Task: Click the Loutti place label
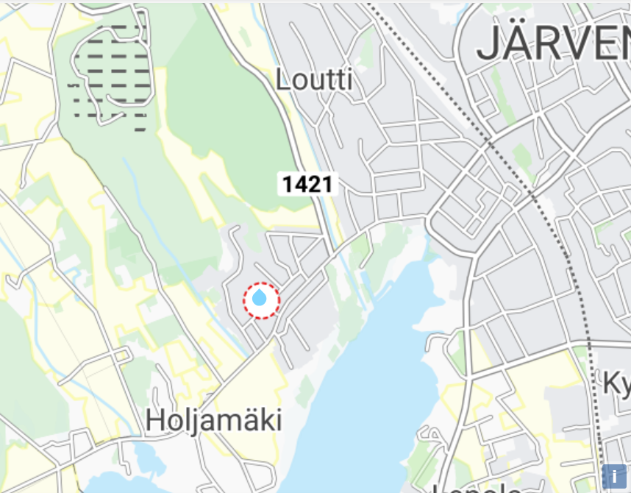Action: pyautogui.click(x=314, y=79)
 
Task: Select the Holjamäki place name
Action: pyautogui.click(x=213, y=421)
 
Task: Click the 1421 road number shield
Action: pyautogui.click(x=308, y=184)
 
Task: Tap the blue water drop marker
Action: pyautogui.click(x=260, y=299)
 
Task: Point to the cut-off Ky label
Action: pyautogui.click(x=616, y=383)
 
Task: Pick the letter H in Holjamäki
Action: pyautogui.click(x=154, y=421)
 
